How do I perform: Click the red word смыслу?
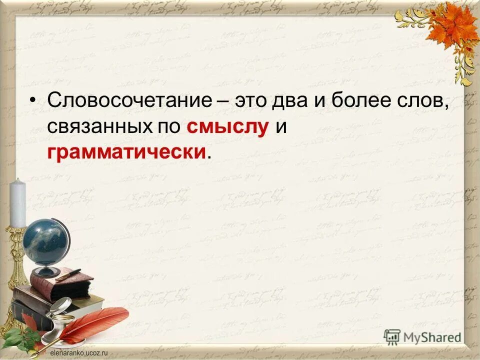click(x=228, y=127)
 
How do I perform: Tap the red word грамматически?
click(x=126, y=152)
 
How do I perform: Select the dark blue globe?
click(x=45, y=242)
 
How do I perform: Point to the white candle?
click(x=18, y=203)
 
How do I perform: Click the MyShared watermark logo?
click(x=422, y=336)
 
